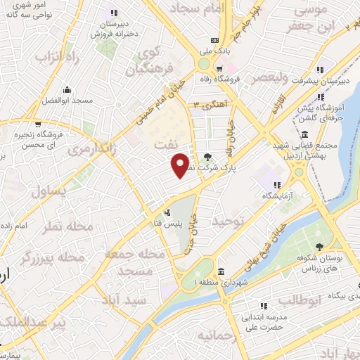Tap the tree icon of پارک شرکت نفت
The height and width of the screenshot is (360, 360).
[207, 157]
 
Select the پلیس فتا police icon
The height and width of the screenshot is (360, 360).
[167, 212]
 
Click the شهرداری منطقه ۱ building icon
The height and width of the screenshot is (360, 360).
[221, 272]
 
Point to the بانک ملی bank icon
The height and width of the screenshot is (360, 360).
[214, 39]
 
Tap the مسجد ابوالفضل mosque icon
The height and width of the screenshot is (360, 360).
[67, 89]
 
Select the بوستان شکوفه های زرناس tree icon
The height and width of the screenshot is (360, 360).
[320, 247]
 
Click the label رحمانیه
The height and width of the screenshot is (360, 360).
[219, 335]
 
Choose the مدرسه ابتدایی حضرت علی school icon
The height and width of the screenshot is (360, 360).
[264, 306]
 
